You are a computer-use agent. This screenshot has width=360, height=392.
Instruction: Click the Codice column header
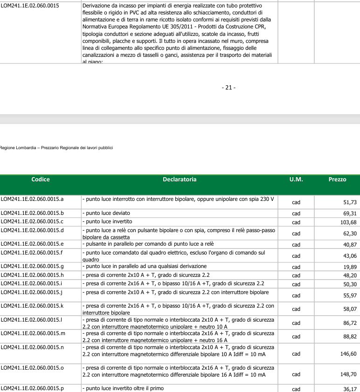[x=41, y=179]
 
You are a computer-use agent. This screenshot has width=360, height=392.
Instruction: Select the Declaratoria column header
[x=180, y=179]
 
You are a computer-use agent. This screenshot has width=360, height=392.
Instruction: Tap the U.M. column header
[x=296, y=179]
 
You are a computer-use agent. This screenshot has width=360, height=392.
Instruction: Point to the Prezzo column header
[x=337, y=179]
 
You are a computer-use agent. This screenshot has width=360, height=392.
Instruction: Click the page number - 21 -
[x=228, y=87]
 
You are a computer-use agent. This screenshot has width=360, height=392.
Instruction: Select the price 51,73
[x=349, y=202]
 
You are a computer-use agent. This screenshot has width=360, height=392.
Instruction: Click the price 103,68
[x=348, y=222]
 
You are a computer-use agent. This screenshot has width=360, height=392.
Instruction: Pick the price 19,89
[x=349, y=267]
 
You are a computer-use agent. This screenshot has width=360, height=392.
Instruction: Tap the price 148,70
[x=348, y=374]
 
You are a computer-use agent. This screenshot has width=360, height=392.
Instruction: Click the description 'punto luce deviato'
[x=106, y=213]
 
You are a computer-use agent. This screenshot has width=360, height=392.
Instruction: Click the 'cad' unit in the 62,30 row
[x=296, y=234]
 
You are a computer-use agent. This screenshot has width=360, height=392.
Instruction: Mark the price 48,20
[x=349, y=275]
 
